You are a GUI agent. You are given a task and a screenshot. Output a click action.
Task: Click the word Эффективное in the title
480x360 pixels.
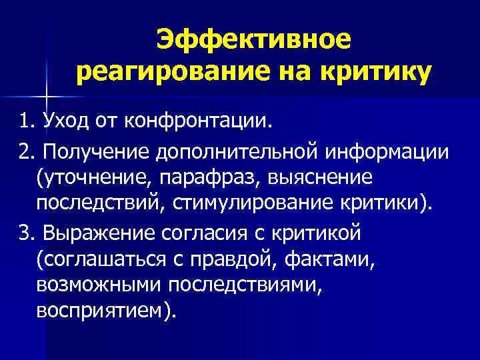tap(253, 41)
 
